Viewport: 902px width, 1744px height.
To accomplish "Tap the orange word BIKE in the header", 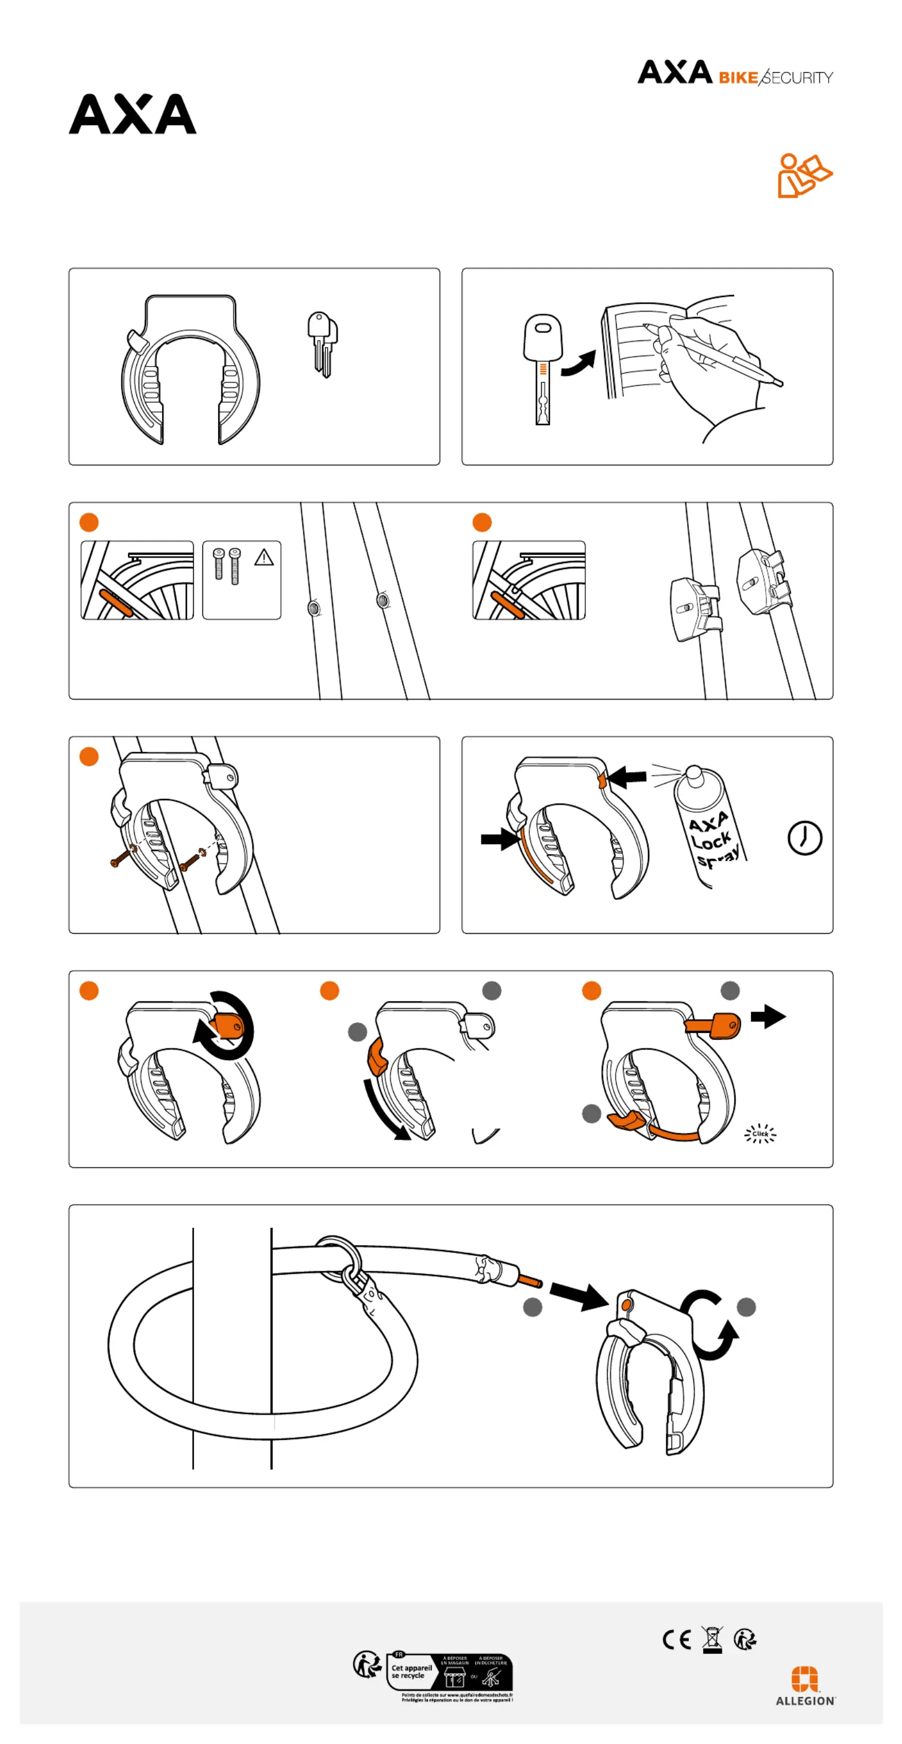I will tap(737, 78).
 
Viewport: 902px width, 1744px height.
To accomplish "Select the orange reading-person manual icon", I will tap(804, 176).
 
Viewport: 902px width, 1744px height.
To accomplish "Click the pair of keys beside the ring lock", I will tap(322, 343).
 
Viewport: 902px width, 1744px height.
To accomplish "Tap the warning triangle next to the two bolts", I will tap(263, 557).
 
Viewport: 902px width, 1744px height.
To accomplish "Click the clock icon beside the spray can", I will tap(804, 838).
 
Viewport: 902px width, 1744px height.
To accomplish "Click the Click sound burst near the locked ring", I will tap(760, 1133).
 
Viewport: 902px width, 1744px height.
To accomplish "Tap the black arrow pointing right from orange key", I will tap(768, 1015).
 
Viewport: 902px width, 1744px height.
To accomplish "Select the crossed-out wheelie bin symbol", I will tap(712, 1639).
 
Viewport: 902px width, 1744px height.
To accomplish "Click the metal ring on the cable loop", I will tap(339, 1256).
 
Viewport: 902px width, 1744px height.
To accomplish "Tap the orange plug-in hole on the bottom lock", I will tap(626, 1304).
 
